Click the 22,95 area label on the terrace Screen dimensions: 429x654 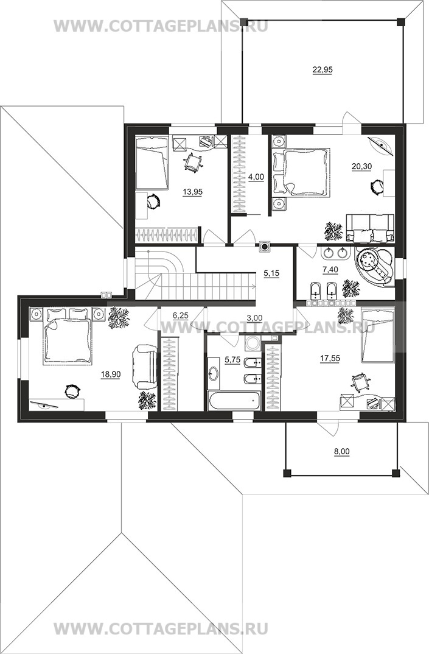point(323,70)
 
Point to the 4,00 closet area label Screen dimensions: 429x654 point(256,177)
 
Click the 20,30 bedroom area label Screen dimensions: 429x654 point(361,166)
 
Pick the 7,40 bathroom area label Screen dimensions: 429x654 point(330,269)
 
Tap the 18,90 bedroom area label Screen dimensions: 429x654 point(111,374)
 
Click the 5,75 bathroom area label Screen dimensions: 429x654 point(232,360)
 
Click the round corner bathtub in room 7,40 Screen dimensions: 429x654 point(374,267)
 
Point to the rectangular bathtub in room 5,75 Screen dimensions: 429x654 point(234,401)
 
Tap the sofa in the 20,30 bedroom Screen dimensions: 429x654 point(370,228)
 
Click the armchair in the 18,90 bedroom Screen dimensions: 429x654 point(144,367)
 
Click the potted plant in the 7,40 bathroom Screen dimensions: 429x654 point(351,287)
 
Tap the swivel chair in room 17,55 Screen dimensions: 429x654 point(360,382)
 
